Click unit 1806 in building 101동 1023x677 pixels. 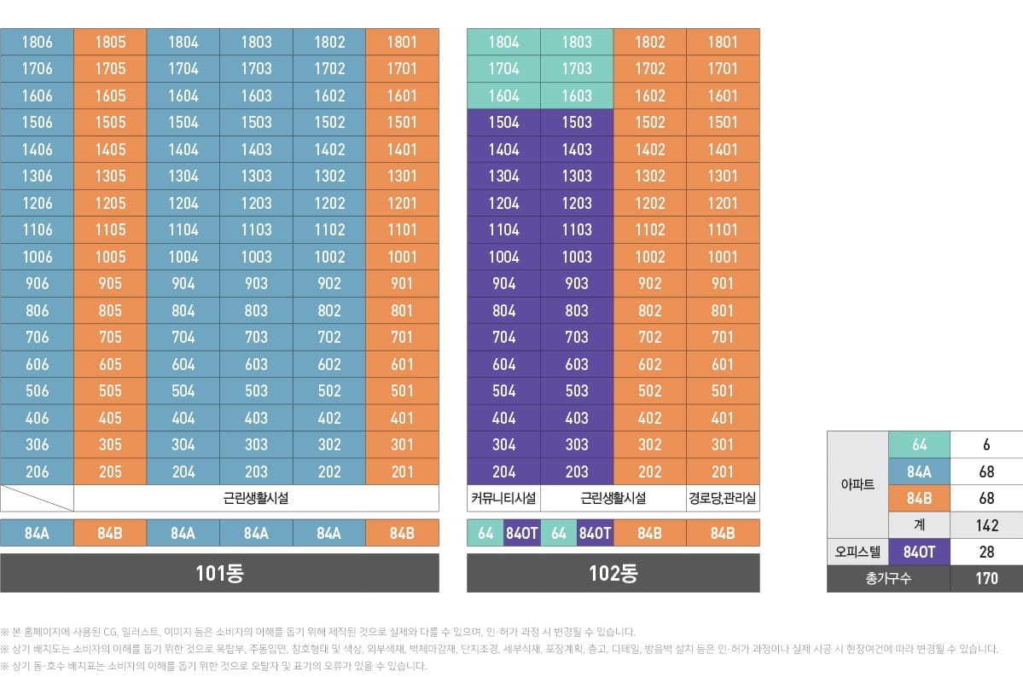tap(37, 42)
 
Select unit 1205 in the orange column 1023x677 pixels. tap(110, 203)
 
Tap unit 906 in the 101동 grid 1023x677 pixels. tap(37, 284)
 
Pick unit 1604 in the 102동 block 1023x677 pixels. tap(503, 95)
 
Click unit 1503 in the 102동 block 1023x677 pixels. tap(577, 123)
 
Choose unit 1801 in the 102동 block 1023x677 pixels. tap(723, 42)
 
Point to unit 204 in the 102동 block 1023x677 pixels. tap(503, 472)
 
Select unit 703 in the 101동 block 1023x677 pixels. tap(256, 338)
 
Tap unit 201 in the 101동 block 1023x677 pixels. tap(402, 472)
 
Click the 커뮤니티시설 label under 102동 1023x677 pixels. tap(503, 499)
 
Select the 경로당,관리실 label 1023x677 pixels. tap(723, 499)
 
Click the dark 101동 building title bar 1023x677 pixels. tap(219, 573)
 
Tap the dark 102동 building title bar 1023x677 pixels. tap(613, 573)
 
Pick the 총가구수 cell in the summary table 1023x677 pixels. tap(888, 579)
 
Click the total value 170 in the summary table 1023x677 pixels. tap(986, 579)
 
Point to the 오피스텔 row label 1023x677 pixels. tap(857, 553)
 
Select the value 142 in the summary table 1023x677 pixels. tap(986, 526)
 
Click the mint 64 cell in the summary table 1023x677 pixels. tap(920, 445)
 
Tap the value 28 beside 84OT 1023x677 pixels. tap(986, 553)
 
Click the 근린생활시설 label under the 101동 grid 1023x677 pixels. tap(256, 499)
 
